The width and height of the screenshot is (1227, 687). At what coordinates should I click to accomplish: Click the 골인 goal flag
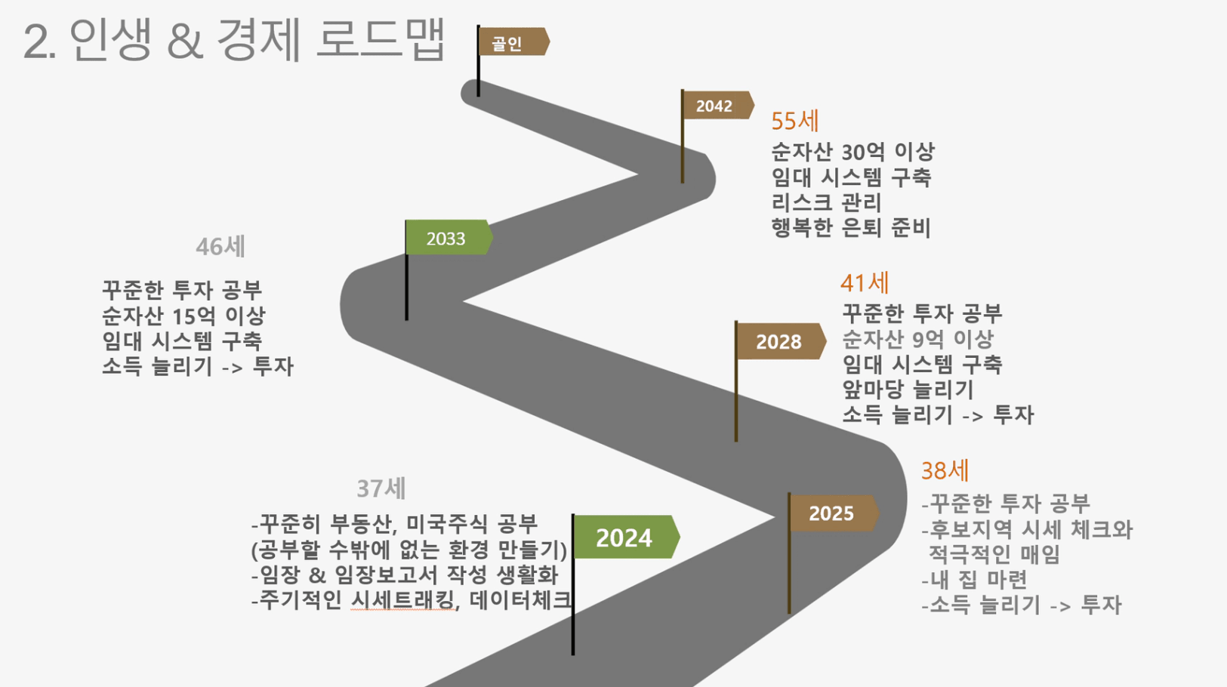point(513,42)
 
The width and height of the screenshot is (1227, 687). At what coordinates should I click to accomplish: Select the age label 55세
point(795,121)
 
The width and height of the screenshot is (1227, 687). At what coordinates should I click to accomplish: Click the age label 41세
point(865,282)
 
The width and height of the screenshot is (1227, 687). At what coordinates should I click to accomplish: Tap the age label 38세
point(945,470)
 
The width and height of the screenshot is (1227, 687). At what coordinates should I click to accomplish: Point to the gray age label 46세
point(220,247)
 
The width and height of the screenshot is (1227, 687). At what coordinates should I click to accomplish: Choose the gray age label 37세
point(381,488)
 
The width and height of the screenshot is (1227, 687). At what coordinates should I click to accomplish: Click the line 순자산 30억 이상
point(853,152)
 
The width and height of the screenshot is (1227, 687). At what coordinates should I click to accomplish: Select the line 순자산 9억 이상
point(917,339)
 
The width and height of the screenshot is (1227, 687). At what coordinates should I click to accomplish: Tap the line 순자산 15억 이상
point(183,316)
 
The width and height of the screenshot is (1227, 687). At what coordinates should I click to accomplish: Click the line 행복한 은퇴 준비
point(851,227)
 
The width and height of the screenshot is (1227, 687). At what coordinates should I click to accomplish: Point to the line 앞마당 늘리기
point(908,390)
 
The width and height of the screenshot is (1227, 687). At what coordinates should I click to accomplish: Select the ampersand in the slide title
point(185,41)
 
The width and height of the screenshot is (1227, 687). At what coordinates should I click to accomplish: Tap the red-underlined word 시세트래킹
point(402,600)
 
